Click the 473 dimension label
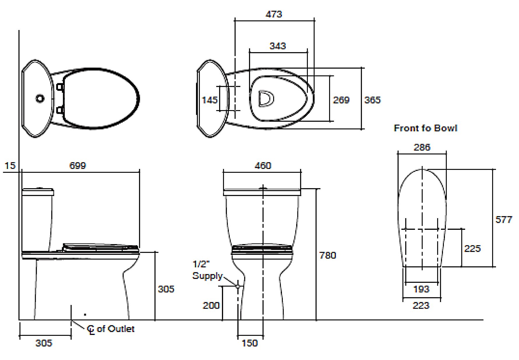coord(274,14)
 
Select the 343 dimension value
coord(278,46)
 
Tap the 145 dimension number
coord(209,100)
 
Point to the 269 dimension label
coord(341,100)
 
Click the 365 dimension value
coord(372,100)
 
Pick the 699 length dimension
coord(77,166)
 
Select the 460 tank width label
coord(263,166)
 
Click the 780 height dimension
coord(328,255)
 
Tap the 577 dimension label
coord(504,220)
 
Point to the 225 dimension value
coord(472,249)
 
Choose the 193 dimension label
coord(421,289)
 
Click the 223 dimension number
coord(421,306)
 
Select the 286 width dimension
coord(422,147)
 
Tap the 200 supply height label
coord(211,306)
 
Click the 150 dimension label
coord(250,343)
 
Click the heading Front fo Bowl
coord(426,128)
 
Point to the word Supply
coord(207,276)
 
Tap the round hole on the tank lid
coord(40,98)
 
